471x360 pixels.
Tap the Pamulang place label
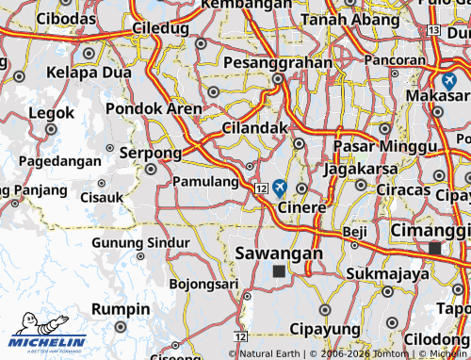click(206, 181)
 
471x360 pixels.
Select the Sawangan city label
click(278, 254)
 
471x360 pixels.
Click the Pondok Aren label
click(154, 109)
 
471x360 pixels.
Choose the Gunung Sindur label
click(140, 242)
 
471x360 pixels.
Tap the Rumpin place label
click(122, 309)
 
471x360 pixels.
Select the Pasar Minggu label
click(384, 149)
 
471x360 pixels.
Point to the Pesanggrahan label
click(278, 63)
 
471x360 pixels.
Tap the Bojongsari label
click(203, 283)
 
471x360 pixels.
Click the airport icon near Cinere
click(280, 188)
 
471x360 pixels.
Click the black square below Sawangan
click(278, 271)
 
